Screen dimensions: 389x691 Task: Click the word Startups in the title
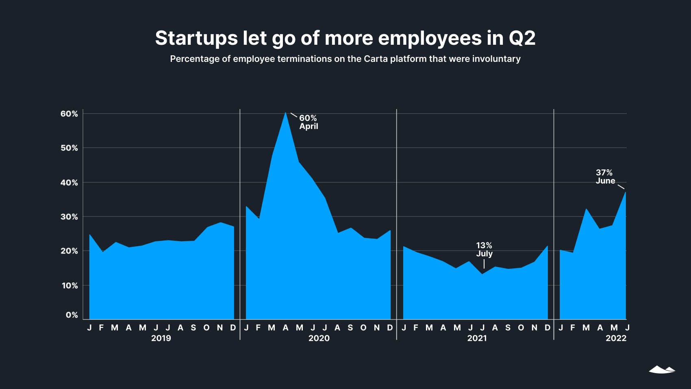(x=196, y=38)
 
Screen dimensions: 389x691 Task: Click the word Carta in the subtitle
(x=376, y=59)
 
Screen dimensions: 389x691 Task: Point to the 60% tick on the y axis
(x=69, y=114)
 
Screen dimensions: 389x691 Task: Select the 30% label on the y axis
(x=69, y=217)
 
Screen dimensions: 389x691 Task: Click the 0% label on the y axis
(x=72, y=315)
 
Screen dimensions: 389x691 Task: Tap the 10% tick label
(x=70, y=286)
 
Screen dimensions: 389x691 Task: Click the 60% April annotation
(x=309, y=122)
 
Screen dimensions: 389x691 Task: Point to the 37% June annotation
(x=605, y=177)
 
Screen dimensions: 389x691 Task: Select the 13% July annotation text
(x=484, y=249)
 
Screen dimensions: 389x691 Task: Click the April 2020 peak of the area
(x=285, y=113)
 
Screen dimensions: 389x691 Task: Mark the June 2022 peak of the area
(x=625, y=192)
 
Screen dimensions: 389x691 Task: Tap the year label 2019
(x=161, y=338)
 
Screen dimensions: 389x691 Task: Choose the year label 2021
(x=477, y=338)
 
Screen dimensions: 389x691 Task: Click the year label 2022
(x=616, y=338)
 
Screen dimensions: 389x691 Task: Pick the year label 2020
(x=319, y=338)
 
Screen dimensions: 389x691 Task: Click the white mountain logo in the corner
(x=662, y=369)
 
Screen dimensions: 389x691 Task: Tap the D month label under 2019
(x=233, y=328)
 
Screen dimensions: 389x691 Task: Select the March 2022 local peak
(x=586, y=209)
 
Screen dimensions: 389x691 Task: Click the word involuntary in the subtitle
(x=496, y=59)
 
